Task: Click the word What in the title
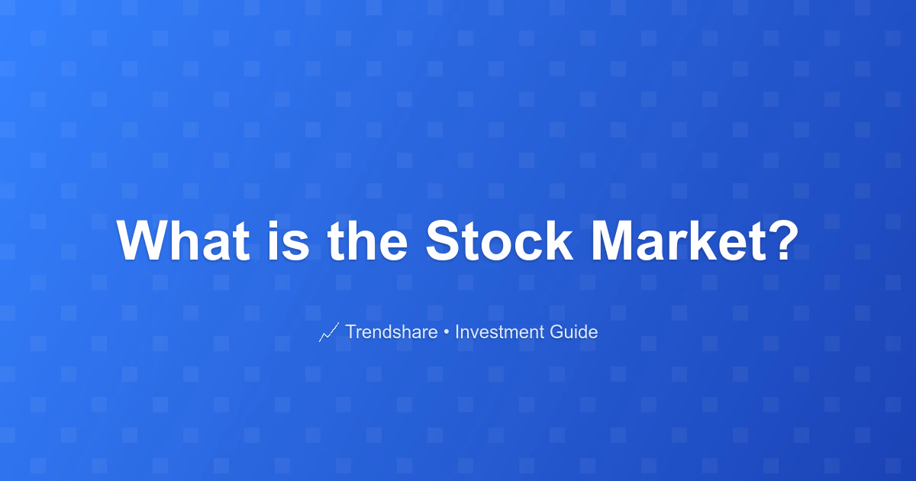click(x=183, y=240)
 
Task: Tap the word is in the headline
click(x=289, y=240)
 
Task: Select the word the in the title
click(x=367, y=240)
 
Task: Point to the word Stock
click(x=499, y=240)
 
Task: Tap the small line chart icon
click(x=329, y=332)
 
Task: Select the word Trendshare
click(x=392, y=331)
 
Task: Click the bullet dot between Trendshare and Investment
click(x=446, y=333)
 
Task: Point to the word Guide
click(x=574, y=331)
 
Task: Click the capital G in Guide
click(x=557, y=331)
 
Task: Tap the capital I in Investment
click(x=456, y=331)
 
